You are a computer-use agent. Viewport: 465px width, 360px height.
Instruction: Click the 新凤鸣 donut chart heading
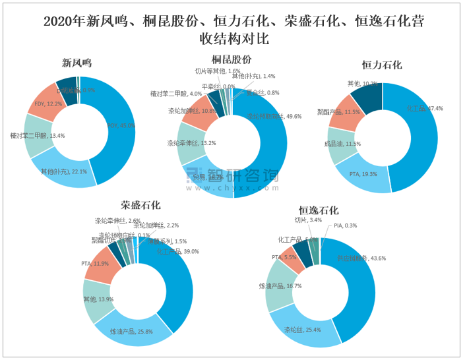click(x=77, y=63)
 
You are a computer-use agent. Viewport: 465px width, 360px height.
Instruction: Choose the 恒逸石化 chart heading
click(x=319, y=210)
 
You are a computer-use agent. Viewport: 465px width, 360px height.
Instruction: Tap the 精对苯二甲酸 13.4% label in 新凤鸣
click(x=38, y=136)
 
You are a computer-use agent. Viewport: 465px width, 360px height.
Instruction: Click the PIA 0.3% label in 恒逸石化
click(x=346, y=225)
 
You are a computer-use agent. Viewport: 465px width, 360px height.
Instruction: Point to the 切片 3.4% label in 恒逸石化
click(x=308, y=220)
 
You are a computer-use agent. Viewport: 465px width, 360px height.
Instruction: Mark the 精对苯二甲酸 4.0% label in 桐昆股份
click(x=176, y=94)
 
